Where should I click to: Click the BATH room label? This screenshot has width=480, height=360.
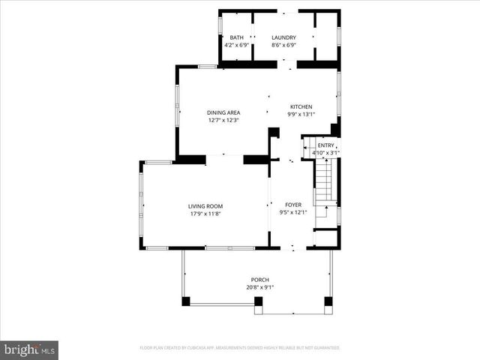pyautogui.click(x=236, y=37)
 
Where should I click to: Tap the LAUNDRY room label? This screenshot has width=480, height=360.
pyautogui.click(x=283, y=37)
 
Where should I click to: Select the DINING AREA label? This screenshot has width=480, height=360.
pyautogui.click(x=223, y=112)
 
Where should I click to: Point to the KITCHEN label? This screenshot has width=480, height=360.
pyautogui.click(x=301, y=106)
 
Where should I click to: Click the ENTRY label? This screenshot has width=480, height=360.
pyautogui.click(x=326, y=145)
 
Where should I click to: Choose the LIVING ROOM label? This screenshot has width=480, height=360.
pyautogui.click(x=205, y=206)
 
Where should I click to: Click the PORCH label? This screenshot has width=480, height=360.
pyautogui.click(x=259, y=280)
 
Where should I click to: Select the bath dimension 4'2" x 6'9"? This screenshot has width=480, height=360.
pyautogui.click(x=236, y=45)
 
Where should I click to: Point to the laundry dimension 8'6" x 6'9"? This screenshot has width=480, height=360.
pyautogui.click(x=283, y=45)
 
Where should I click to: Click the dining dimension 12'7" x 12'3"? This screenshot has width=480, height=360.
pyautogui.click(x=223, y=120)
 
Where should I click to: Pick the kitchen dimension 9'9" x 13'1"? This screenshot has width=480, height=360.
pyautogui.click(x=301, y=114)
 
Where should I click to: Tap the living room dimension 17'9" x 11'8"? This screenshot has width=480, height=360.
pyautogui.click(x=205, y=214)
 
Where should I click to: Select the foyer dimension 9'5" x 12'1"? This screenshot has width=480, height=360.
pyautogui.click(x=292, y=212)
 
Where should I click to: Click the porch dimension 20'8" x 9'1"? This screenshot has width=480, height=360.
pyautogui.click(x=259, y=287)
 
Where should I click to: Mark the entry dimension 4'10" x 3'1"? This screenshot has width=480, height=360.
pyautogui.click(x=326, y=153)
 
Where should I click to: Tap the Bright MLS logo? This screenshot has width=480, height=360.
pyautogui.click(x=30, y=349)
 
